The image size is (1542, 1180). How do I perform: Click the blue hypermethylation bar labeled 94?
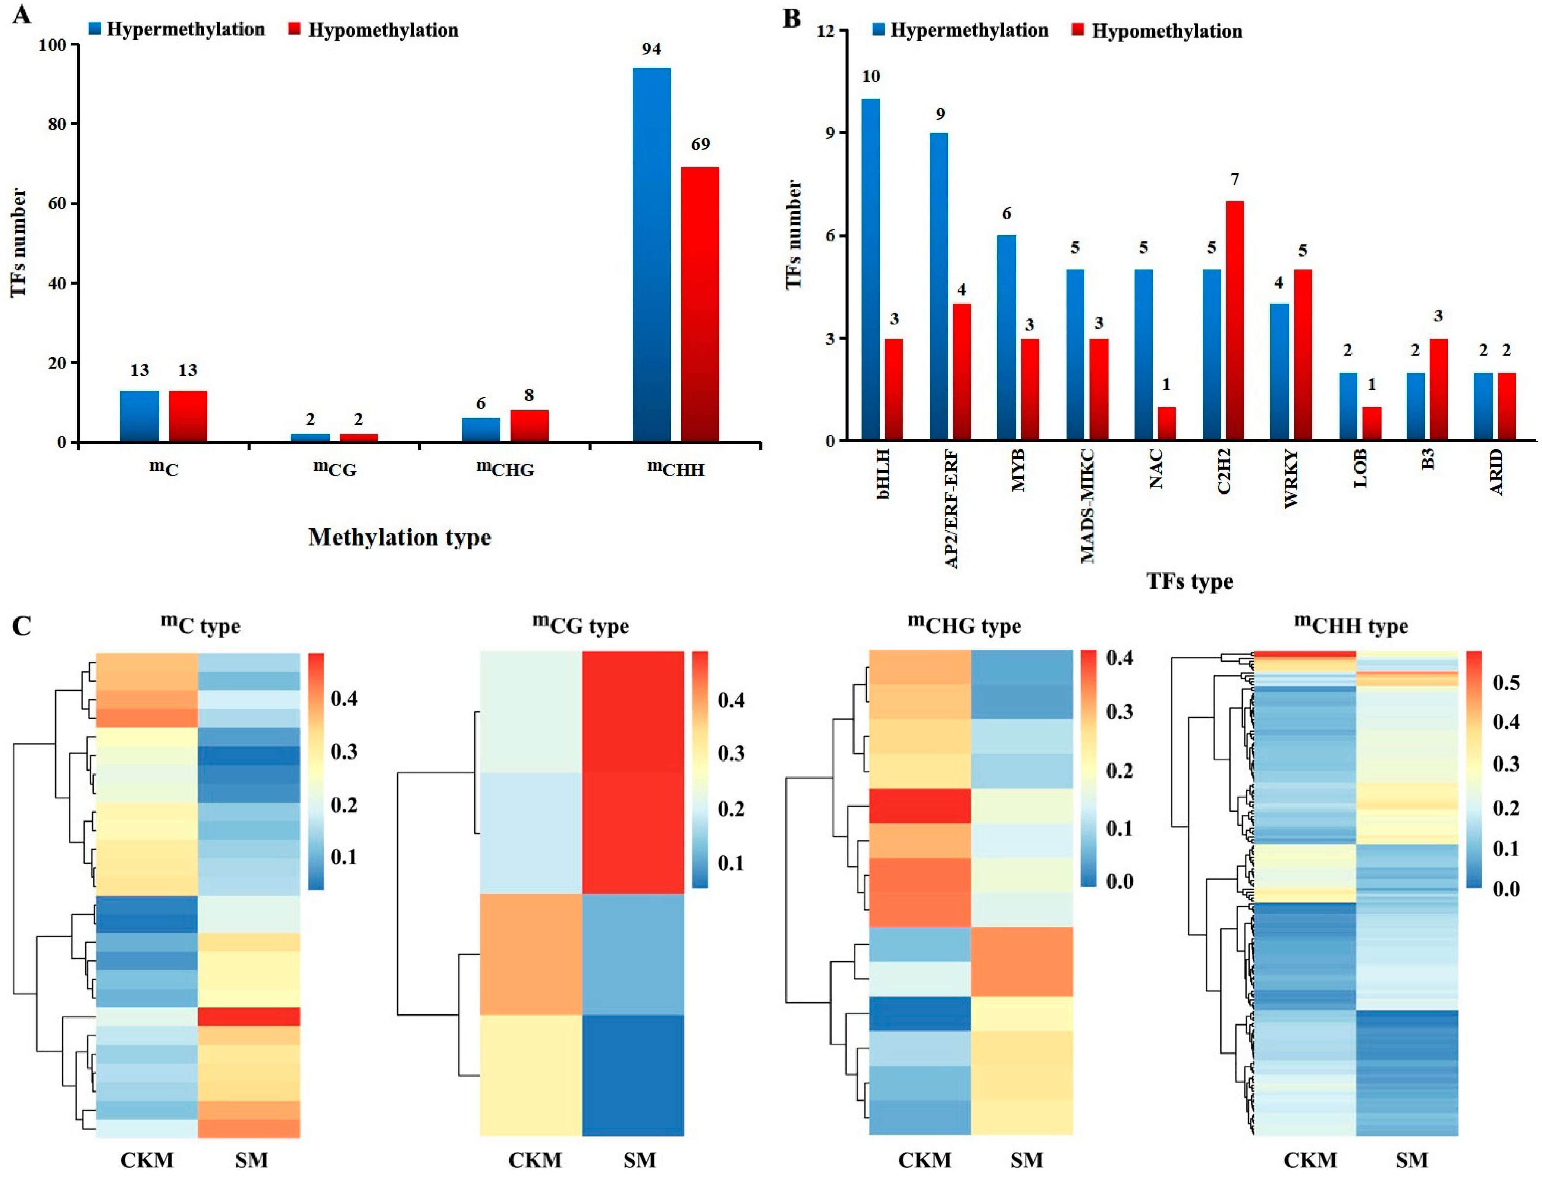tap(651, 254)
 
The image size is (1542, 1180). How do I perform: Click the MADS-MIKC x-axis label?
tap(1087, 506)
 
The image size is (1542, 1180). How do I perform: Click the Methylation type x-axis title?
tap(399, 537)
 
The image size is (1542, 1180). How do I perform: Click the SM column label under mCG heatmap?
tap(639, 1159)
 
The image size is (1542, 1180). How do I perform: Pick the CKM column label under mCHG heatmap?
tap(924, 1159)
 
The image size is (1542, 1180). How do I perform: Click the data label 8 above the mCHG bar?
tap(529, 395)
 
